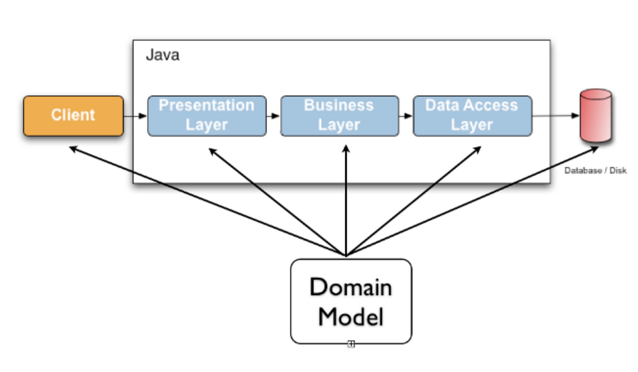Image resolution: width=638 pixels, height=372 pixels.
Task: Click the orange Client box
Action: coord(73,116)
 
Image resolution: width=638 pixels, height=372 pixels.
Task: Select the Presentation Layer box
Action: coord(206,116)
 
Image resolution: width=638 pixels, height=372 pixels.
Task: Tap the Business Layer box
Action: coord(339,116)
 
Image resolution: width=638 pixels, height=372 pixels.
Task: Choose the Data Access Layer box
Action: coord(472,116)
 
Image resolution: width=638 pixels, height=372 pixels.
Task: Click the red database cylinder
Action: coord(596,116)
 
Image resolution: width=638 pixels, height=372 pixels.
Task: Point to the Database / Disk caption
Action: coord(595,170)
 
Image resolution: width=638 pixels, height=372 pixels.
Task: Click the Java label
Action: coord(162,55)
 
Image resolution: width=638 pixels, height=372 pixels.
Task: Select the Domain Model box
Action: coord(351,301)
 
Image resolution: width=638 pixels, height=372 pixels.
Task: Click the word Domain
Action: coord(351,287)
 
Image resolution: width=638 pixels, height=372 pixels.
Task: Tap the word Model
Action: coord(351,316)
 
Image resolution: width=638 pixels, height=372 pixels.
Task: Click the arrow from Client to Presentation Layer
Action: coord(135,116)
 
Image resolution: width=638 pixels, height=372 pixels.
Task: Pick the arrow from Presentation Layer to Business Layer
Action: coord(273,116)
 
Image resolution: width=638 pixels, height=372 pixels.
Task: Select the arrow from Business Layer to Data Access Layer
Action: coord(406,116)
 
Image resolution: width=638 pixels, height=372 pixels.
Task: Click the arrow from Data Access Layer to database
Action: coord(556,116)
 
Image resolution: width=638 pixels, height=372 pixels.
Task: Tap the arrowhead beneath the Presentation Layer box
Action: coord(212,150)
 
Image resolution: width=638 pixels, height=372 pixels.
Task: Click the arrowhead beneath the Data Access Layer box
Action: coord(478,150)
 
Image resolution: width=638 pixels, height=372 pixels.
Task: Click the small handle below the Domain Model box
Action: coord(351,344)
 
